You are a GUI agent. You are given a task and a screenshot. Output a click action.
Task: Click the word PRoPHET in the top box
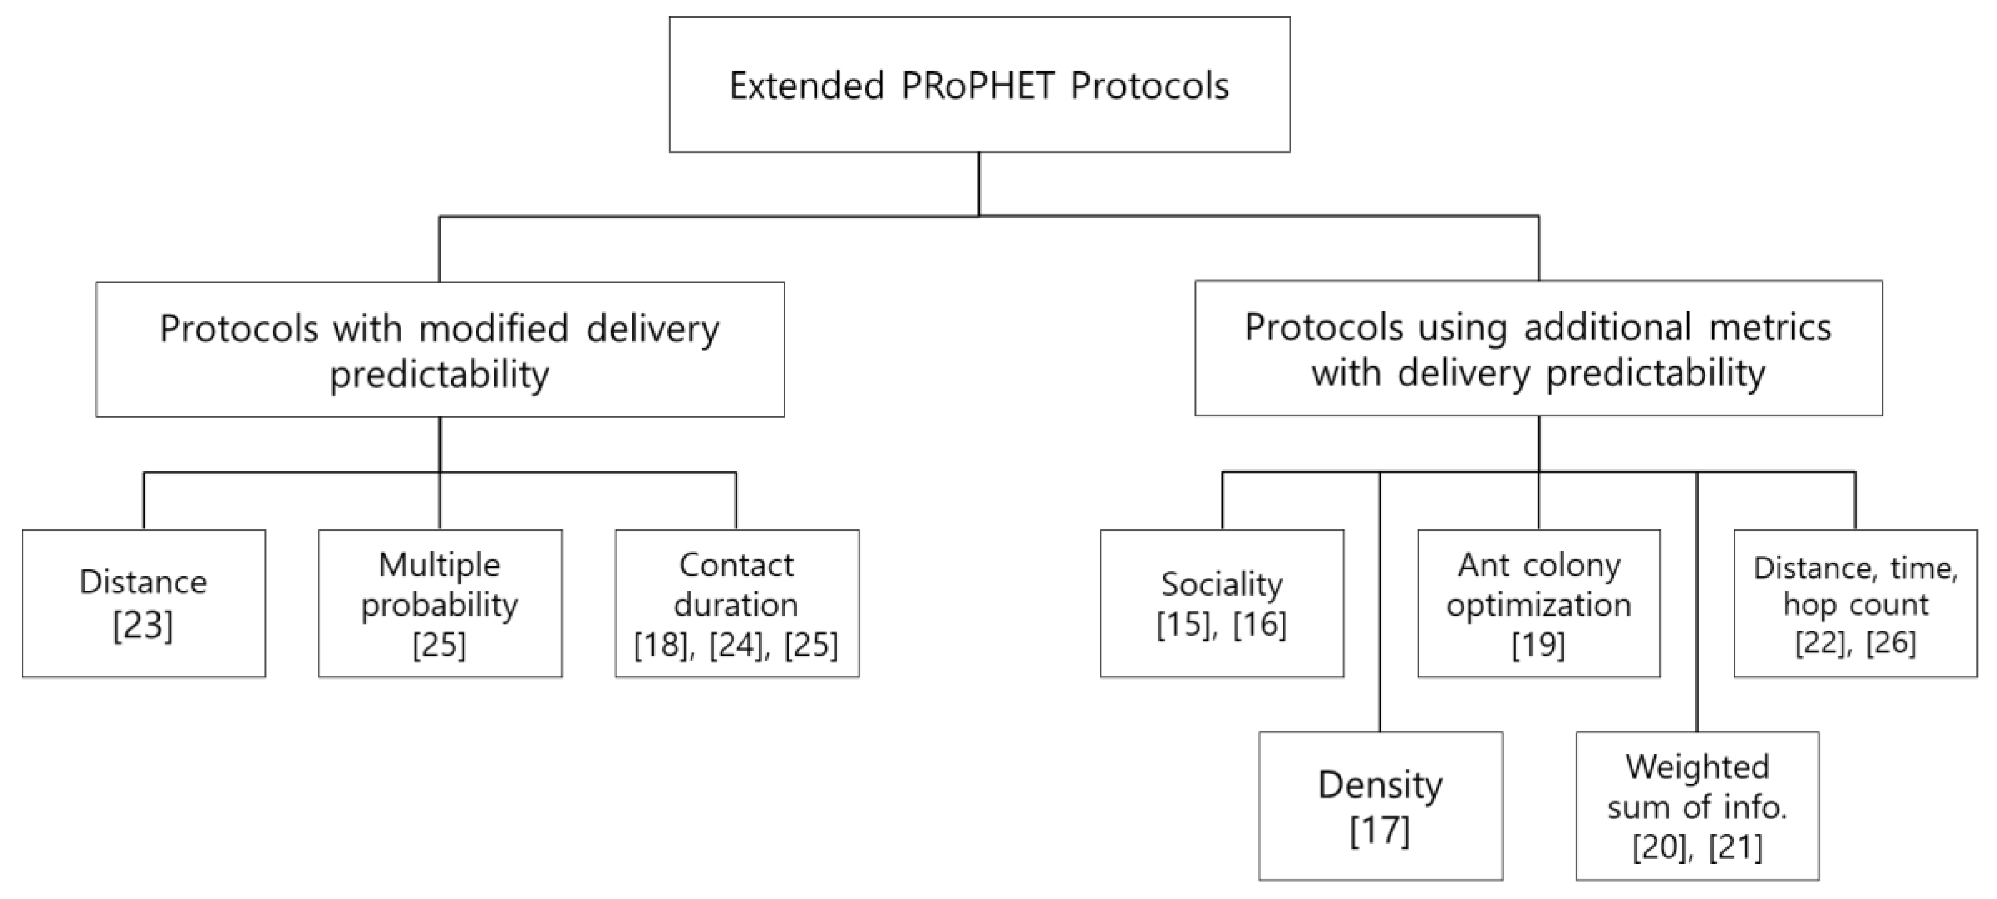pyautogui.click(x=978, y=85)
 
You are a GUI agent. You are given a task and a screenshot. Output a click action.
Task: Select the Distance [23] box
pyautogui.click(x=144, y=604)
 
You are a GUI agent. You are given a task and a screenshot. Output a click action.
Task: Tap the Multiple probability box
pyautogui.click(x=440, y=604)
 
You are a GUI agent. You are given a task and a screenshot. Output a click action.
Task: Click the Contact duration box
pyautogui.click(x=737, y=604)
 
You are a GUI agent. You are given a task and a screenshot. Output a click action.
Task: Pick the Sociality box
pyautogui.click(x=1221, y=604)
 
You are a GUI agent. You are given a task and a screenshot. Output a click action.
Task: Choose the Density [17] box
pyautogui.click(x=1380, y=806)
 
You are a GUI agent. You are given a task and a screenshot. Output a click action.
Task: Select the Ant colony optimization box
pyautogui.click(x=1538, y=604)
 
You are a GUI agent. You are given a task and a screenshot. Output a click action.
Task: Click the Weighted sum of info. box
pyautogui.click(x=1697, y=806)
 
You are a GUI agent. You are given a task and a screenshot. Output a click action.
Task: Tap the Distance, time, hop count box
pyautogui.click(x=1855, y=604)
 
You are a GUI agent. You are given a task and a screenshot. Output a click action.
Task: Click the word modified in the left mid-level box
pyautogui.click(x=494, y=329)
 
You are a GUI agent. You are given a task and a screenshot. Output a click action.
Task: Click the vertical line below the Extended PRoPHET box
pyautogui.click(x=979, y=183)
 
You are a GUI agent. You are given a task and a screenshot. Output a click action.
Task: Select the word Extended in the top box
pyautogui.click(x=806, y=85)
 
